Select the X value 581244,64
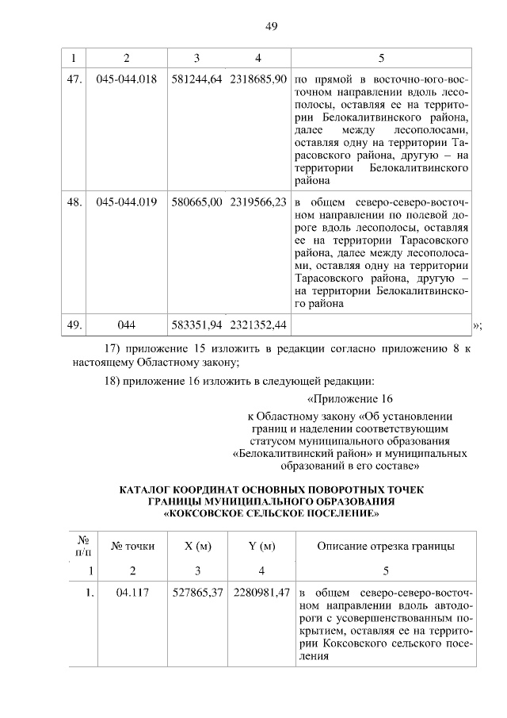coord(196,80)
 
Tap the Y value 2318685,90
coord(258,80)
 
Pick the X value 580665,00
coord(196,202)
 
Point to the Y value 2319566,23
coord(258,202)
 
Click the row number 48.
coord(74,202)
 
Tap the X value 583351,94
coord(196,324)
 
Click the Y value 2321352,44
coord(258,324)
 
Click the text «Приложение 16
coord(349,398)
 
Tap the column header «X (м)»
coord(196,545)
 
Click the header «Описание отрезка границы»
coord(385,545)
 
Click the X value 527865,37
coord(196,593)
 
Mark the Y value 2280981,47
coord(260,593)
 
